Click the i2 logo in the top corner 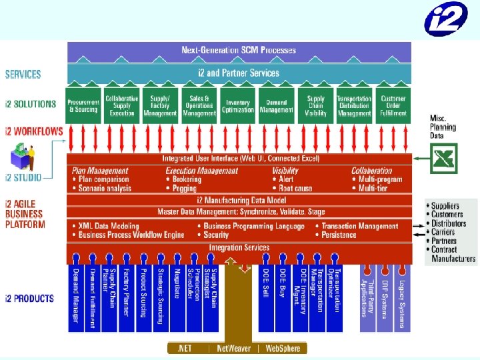[446, 19]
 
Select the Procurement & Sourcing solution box [83, 106]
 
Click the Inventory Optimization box [237, 106]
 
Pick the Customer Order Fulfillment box [393, 106]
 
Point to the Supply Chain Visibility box [315, 106]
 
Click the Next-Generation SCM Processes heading [239, 51]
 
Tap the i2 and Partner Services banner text [239, 73]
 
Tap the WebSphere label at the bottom [282, 348]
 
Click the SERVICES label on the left [23, 75]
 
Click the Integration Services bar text [239, 248]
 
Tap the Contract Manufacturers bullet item [453, 254]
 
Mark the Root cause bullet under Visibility [295, 189]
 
